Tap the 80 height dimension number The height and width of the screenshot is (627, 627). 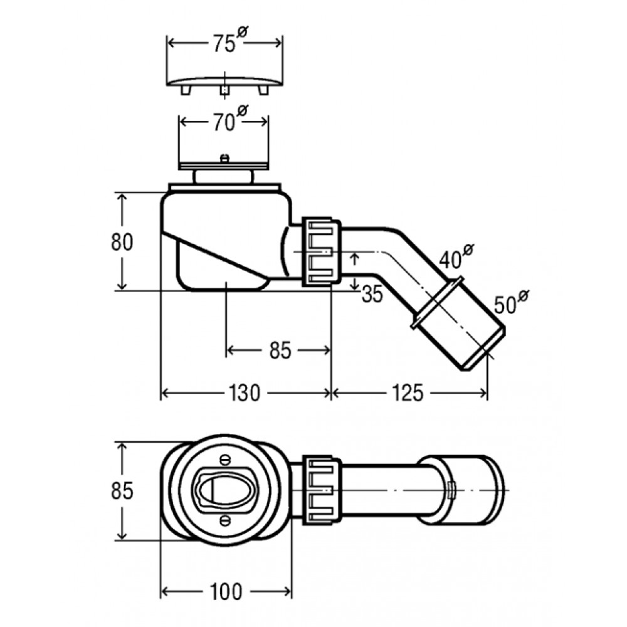point(122,242)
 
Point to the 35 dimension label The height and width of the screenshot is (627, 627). point(372,294)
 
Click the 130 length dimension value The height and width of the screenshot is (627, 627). point(245,393)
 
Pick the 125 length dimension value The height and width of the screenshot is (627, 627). point(407,393)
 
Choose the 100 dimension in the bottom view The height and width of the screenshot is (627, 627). point(226,592)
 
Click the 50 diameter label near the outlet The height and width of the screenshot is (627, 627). point(511,302)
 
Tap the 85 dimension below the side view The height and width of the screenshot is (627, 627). point(280,350)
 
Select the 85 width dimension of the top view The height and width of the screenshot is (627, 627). point(122,491)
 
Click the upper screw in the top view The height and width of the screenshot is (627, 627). point(226,460)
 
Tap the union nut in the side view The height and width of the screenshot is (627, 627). point(321,251)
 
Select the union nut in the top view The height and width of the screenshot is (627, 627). point(321,490)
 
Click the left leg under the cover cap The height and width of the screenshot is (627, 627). point(186,90)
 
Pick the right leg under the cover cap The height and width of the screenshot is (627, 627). point(263,90)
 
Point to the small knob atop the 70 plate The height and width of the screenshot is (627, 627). point(224,159)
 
